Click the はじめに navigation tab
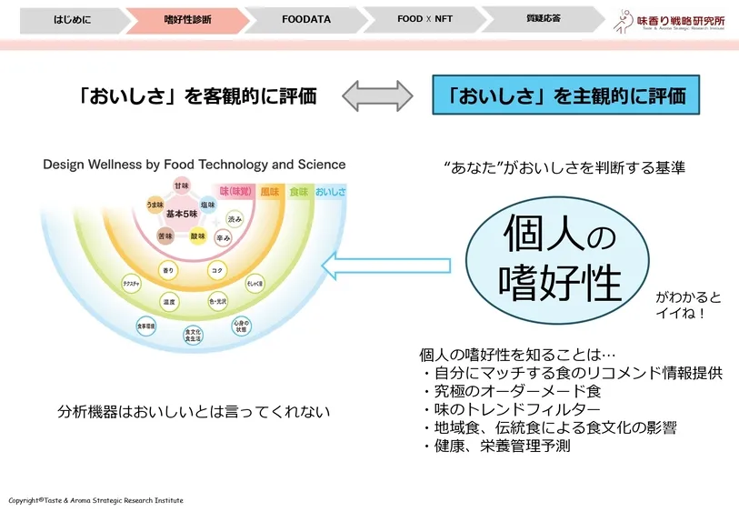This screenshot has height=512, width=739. click(x=65, y=18)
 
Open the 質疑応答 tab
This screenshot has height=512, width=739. click(x=543, y=18)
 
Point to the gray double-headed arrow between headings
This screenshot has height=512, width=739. click(x=374, y=95)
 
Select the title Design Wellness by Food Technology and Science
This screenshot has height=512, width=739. click(x=195, y=165)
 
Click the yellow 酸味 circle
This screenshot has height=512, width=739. click(x=197, y=236)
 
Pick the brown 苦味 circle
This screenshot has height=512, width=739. click(x=165, y=236)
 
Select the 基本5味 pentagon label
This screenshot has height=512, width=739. click(x=181, y=213)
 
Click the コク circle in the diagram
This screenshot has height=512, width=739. click(x=217, y=270)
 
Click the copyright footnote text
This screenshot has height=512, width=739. click(x=96, y=500)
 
